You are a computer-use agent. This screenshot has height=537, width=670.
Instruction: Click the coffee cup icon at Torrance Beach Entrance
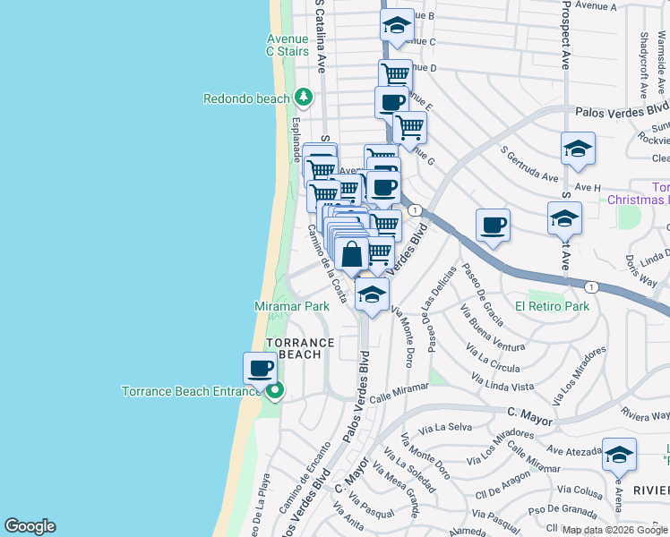pos(261,367)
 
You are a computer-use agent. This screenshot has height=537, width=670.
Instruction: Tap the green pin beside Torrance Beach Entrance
pos(275,391)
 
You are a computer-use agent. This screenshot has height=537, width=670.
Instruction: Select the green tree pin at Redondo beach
pos(304,97)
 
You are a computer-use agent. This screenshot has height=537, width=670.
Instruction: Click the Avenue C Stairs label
pos(287,45)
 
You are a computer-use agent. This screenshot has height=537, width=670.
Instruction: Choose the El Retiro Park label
pos(552,306)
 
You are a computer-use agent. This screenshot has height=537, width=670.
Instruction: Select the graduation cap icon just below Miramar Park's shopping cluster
pos(372,294)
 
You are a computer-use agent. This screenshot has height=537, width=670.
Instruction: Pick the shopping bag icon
pos(353,254)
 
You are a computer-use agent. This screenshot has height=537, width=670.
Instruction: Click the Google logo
pos(30,526)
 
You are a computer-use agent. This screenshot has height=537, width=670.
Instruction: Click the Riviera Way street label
pos(646,414)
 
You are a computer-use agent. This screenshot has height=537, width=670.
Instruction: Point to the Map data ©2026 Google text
pos(614,530)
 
